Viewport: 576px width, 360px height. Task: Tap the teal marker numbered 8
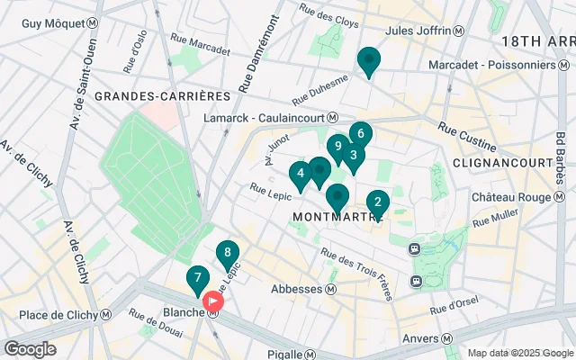(x=228, y=254)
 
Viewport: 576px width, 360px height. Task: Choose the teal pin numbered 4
(x=301, y=174)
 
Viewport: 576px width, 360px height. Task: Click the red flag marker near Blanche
(x=214, y=301)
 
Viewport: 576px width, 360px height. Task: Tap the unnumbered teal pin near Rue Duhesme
(x=368, y=61)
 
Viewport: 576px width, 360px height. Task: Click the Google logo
(x=30, y=348)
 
